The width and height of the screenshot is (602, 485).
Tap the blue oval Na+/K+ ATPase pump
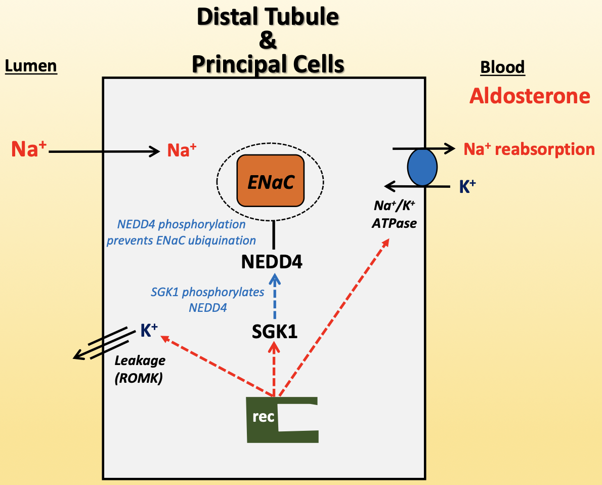point(422,167)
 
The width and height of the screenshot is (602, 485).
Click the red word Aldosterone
point(530,96)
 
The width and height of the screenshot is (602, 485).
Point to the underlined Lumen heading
point(31,66)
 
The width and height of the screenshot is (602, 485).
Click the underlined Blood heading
point(502,67)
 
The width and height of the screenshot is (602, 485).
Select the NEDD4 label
point(272,262)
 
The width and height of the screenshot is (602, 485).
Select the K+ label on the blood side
point(467,187)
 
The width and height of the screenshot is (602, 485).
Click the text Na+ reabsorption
point(529,149)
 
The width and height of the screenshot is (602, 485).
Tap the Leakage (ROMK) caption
point(140,369)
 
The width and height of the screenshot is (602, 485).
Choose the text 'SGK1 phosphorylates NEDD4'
point(207,299)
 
